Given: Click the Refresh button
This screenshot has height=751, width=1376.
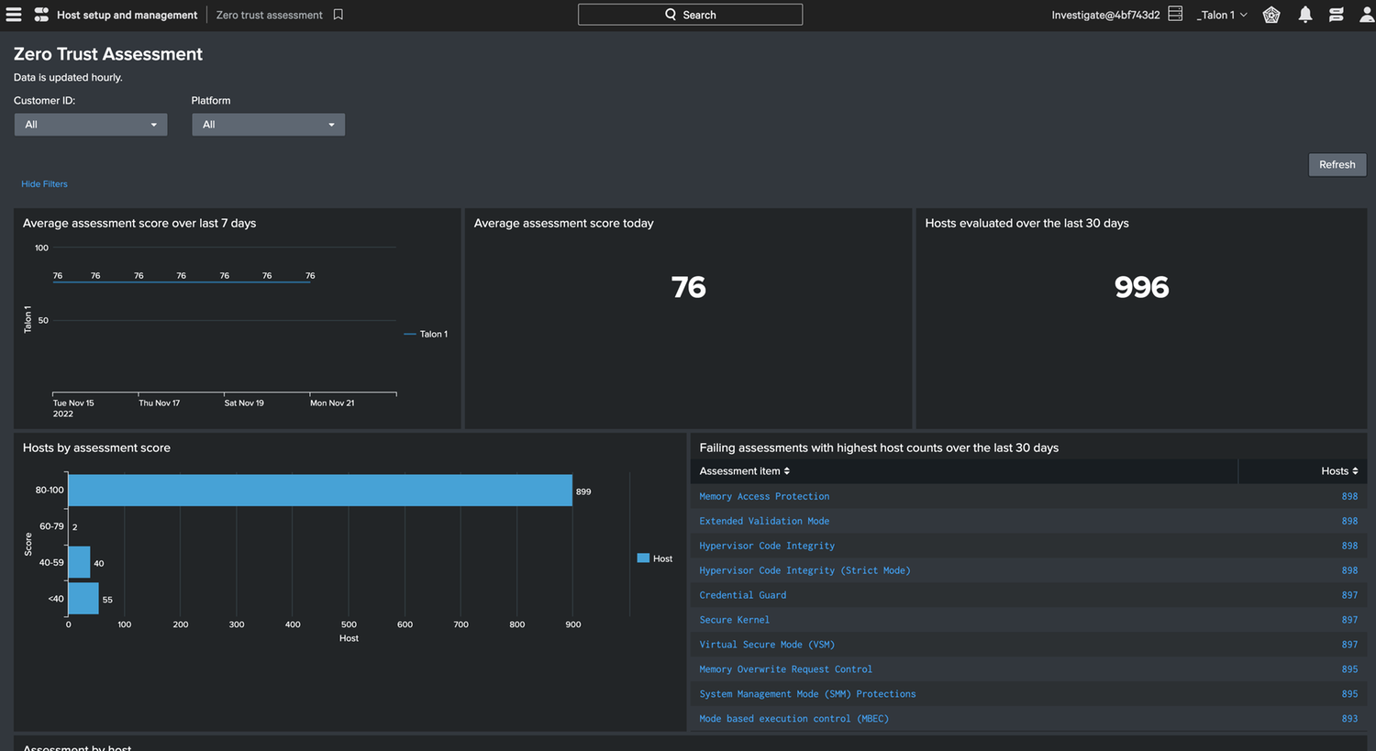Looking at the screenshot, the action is coord(1337,164).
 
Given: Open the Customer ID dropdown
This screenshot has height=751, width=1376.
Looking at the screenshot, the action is coord(90,125).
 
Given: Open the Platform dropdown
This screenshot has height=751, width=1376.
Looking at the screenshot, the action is coord(268,125).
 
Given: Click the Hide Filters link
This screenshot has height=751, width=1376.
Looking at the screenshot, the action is coord(44,184).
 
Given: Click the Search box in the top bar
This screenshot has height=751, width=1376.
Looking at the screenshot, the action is coord(690,15).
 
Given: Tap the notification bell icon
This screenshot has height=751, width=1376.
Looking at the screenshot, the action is coord(1304,15).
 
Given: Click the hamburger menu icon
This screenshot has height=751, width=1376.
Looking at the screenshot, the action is coord(14,15).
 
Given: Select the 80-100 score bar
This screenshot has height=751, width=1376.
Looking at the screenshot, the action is coord(320,490).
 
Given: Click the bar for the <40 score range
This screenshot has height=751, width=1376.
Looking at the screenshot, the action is coord(83,599).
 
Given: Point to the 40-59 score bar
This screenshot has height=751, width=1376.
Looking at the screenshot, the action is coord(79,562).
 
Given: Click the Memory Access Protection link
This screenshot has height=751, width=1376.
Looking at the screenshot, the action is coord(764,496).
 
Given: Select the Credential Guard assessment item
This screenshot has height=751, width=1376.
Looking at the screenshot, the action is coord(743,595).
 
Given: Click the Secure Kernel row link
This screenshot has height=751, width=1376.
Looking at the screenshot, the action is coord(734,620).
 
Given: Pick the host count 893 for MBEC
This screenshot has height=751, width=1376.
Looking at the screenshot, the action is coord(1349,719).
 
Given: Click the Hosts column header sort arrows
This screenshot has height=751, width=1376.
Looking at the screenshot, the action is coord(1355,471).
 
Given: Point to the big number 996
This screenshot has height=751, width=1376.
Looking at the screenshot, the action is coord(1141,287).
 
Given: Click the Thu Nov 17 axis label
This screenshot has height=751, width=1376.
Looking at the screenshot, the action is coord(159,403).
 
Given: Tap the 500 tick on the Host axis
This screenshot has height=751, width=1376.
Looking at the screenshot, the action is coord(349,624).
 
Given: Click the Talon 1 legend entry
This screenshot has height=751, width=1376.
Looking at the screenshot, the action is coord(426,334).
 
